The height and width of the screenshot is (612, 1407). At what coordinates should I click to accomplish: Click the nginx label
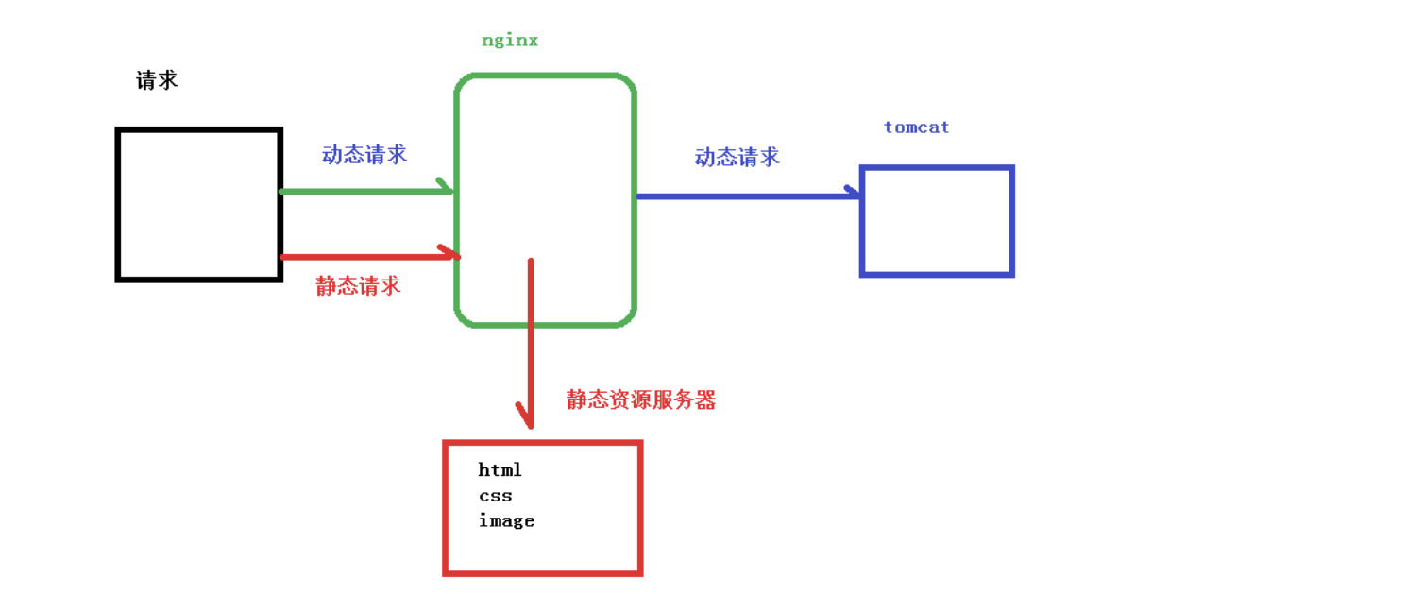click(510, 41)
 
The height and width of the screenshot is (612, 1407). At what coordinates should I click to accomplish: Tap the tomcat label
click(916, 127)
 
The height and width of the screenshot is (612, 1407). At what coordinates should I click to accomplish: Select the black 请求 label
click(157, 80)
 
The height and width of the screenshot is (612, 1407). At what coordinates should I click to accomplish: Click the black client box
click(199, 205)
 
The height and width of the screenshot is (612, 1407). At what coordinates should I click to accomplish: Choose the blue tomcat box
click(937, 222)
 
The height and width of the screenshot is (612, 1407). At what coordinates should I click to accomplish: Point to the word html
click(500, 470)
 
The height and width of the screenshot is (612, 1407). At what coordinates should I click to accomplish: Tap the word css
click(495, 496)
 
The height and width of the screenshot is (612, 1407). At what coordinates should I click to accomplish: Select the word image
click(506, 520)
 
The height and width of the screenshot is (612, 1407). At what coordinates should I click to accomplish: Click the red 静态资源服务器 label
click(641, 400)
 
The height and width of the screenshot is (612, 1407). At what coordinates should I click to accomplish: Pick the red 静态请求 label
click(358, 286)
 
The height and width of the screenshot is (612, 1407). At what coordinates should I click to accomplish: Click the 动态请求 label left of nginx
click(364, 155)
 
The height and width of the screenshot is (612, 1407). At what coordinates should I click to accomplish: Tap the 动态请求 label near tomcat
click(737, 158)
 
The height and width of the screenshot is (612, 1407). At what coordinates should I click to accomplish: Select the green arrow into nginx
click(366, 192)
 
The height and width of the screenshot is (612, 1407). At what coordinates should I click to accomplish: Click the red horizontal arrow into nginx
click(368, 256)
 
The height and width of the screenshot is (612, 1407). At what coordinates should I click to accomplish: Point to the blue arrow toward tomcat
click(746, 196)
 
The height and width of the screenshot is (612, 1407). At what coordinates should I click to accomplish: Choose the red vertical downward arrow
click(531, 340)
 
